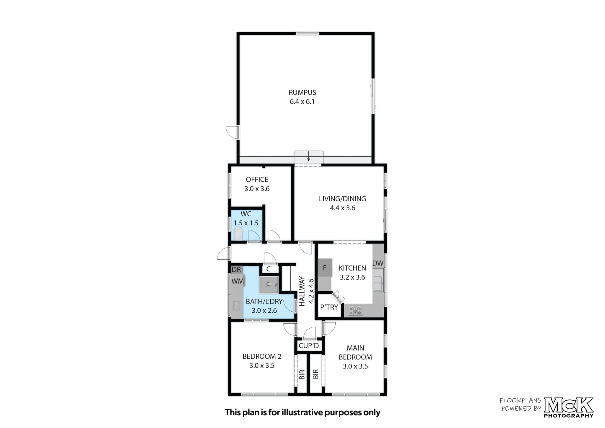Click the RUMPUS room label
click(x=302, y=92)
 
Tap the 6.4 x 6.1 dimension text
click(x=302, y=101)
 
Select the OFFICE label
click(x=257, y=179)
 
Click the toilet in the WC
click(x=238, y=234)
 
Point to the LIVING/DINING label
click(x=342, y=199)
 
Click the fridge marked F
click(x=325, y=268)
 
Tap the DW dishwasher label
click(x=378, y=263)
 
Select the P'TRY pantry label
click(x=329, y=307)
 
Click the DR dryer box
click(x=236, y=270)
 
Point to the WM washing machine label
click(x=238, y=281)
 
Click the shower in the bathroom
click(x=269, y=285)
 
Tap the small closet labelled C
click(x=269, y=269)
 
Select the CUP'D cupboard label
click(x=309, y=345)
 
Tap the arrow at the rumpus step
click(x=308, y=156)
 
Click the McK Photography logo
click(x=569, y=407)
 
